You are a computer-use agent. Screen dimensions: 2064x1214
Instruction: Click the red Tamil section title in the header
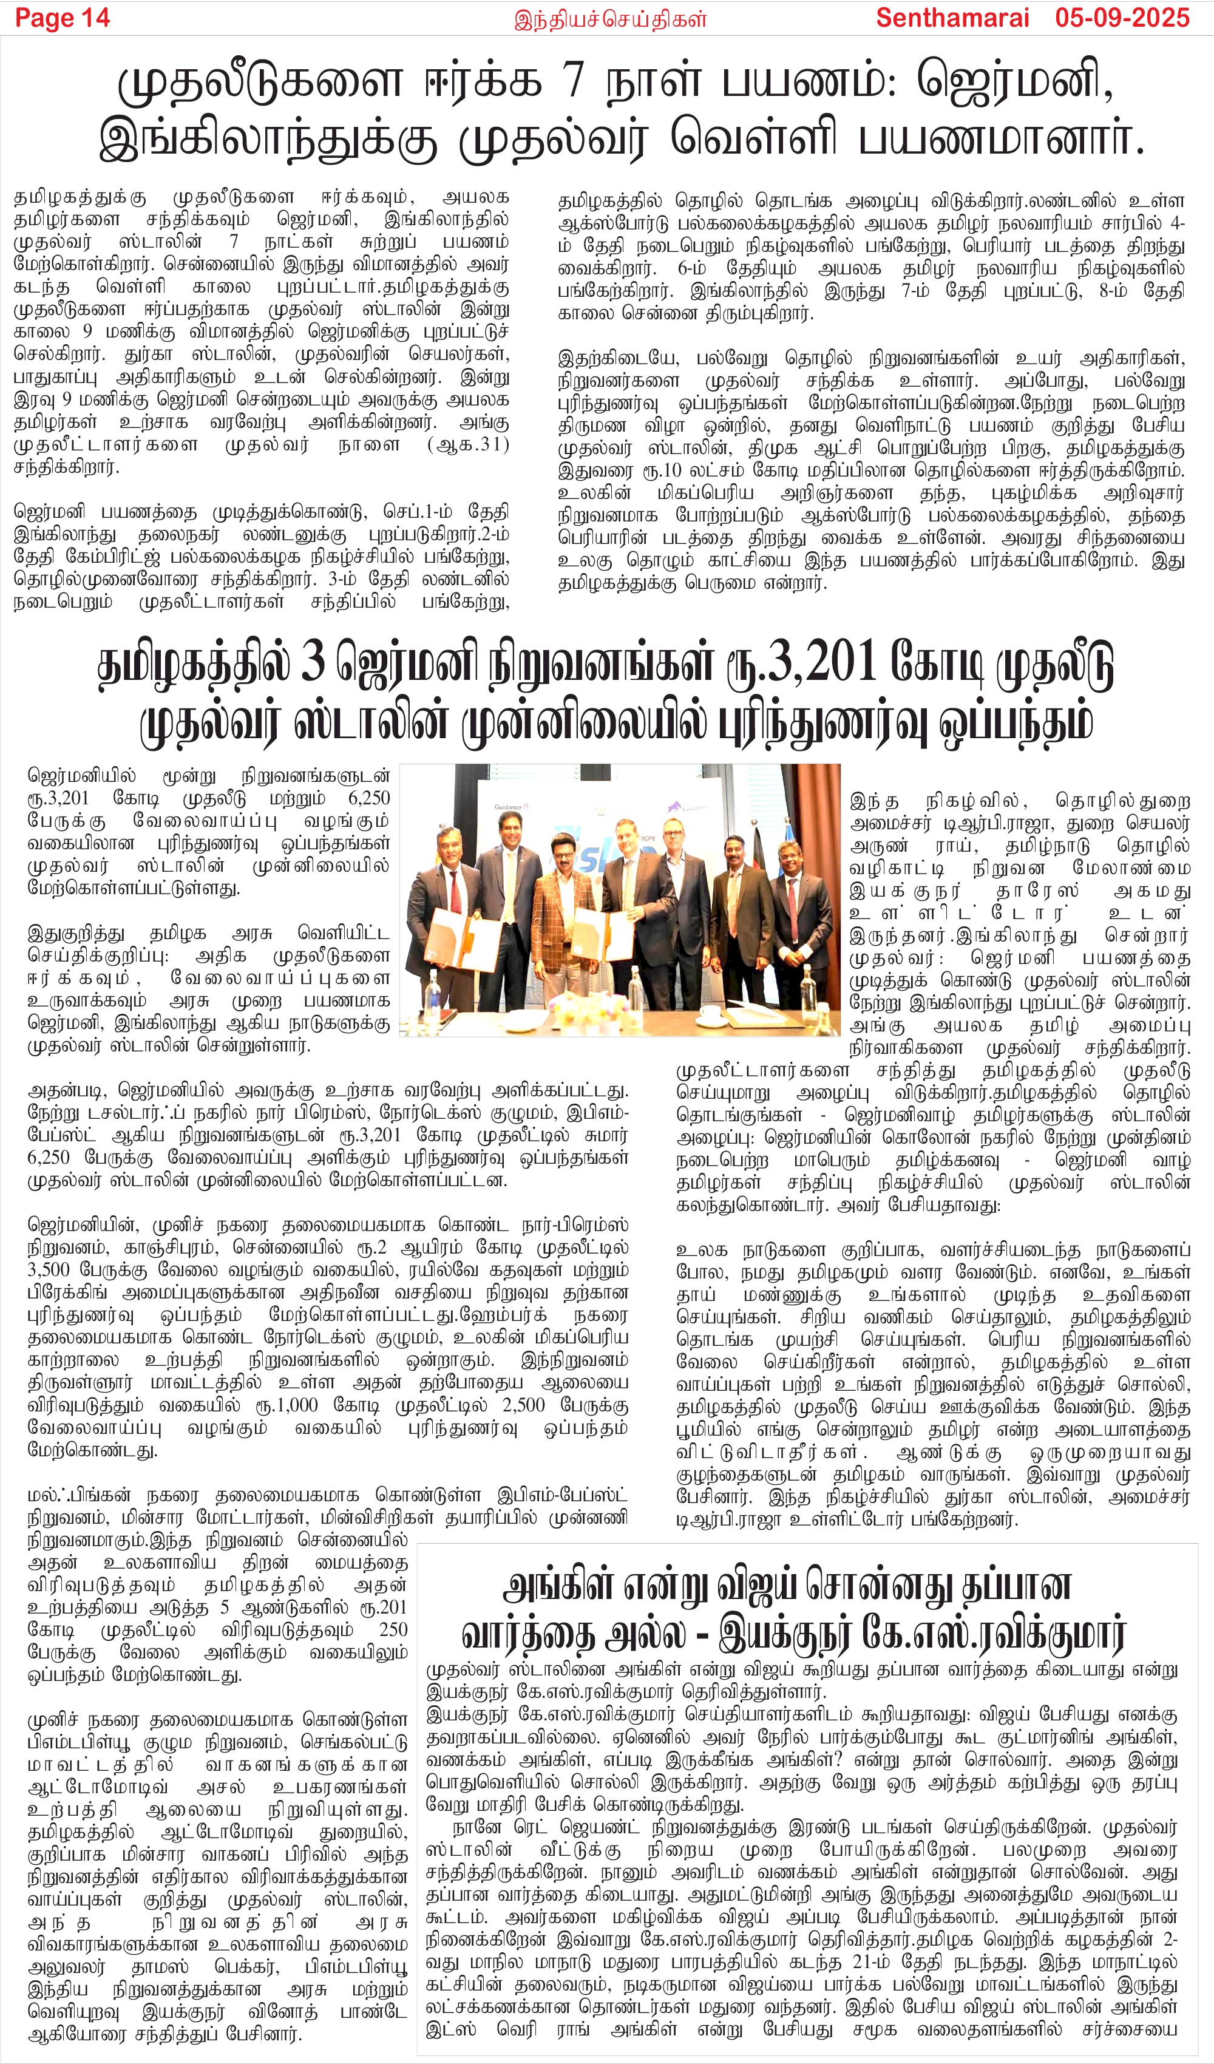[x=609, y=18]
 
